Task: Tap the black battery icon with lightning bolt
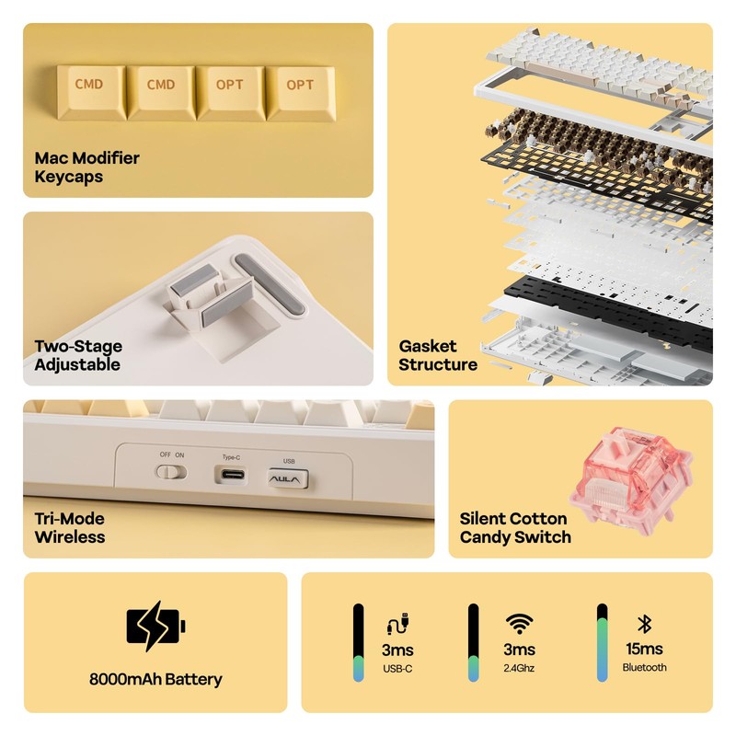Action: pyautogui.click(x=155, y=627)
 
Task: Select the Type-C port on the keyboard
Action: pyautogui.click(x=233, y=474)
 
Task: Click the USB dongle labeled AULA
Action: pyautogui.click(x=288, y=478)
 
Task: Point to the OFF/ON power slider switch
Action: pyautogui.click(x=171, y=472)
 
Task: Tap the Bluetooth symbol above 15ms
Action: pyautogui.click(x=645, y=624)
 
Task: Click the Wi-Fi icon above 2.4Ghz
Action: pyautogui.click(x=519, y=624)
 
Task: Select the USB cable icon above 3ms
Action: pyautogui.click(x=397, y=624)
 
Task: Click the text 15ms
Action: pyautogui.click(x=644, y=649)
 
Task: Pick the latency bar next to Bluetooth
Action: pyautogui.click(x=603, y=642)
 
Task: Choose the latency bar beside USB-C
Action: pyautogui.click(x=359, y=642)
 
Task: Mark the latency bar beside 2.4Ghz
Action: pyautogui.click(x=474, y=642)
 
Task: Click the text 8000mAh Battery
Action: pyautogui.click(x=155, y=679)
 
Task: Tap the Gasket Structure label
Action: pyautogui.click(x=438, y=355)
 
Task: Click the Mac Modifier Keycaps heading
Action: pyautogui.click(x=86, y=167)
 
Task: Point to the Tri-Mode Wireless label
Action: pyautogui.click(x=70, y=527)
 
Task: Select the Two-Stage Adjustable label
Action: pyautogui.click(x=78, y=355)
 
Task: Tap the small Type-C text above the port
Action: pyautogui.click(x=232, y=456)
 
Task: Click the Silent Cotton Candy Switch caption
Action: pyautogui.click(x=515, y=527)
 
